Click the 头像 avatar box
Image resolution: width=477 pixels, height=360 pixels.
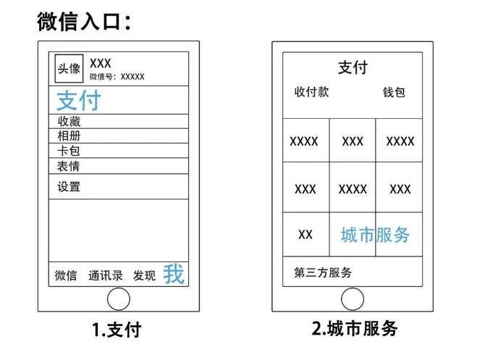pyautogui.click(x=69, y=70)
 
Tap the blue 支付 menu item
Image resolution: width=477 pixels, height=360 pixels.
pyautogui.click(x=78, y=101)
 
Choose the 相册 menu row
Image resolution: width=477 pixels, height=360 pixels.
pyautogui.click(x=69, y=136)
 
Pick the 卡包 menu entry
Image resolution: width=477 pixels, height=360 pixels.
pyautogui.click(x=69, y=151)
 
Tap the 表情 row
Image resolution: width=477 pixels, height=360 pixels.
pyautogui.click(x=69, y=166)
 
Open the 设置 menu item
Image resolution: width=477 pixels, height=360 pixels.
pyautogui.click(x=69, y=187)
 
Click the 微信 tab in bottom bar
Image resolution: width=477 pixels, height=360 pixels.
pyautogui.click(x=67, y=276)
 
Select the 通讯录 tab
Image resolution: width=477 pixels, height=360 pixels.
pyautogui.click(x=105, y=276)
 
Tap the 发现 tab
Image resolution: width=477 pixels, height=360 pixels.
pyautogui.click(x=144, y=276)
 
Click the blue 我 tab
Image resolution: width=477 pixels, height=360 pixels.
pyautogui.click(x=174, y=274)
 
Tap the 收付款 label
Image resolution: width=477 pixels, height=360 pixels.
pyautogui.click(x=311, y=93)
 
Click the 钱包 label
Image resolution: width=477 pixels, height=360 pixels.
pyautogui.click(x=394, y=93)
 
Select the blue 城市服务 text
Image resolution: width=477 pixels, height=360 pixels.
pyautogui.click(x=375, y=235)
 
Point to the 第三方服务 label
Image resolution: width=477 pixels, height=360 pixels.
pyautogui.click(x=324, y=273)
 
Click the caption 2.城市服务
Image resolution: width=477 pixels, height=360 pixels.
pyautogui.click(x=355, y=329)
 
